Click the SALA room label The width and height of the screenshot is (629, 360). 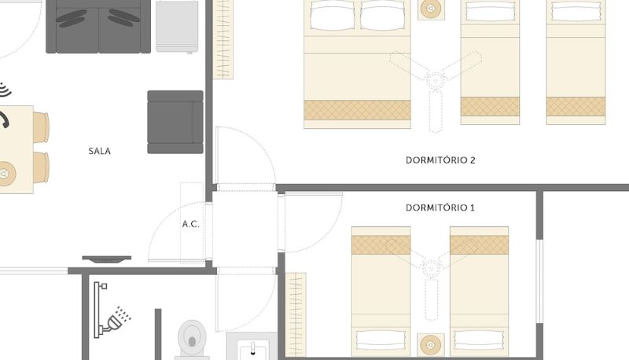[x=100, y=151]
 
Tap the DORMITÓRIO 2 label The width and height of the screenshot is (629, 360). [x=440, y=160]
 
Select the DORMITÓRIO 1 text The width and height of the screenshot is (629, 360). [x=440, y=208]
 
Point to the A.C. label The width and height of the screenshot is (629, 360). [x=190, y=224]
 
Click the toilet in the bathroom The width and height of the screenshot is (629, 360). [x=192, y=340]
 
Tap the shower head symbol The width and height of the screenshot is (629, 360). [x=116, y=319]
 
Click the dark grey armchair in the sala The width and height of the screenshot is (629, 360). [x=175, y=123]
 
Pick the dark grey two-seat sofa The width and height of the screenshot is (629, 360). [x=98, y=27]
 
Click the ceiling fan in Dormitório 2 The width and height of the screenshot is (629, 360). [x=436, y=79]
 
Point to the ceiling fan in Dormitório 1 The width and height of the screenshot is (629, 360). [x=431, y=269]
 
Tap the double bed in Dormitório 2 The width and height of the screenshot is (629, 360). [x=358, y=64]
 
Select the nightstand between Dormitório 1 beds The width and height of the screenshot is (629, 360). [x=431, y=345]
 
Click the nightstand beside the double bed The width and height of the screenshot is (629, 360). [x=431, y=9]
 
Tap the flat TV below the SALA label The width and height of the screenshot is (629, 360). [x=107, y=259]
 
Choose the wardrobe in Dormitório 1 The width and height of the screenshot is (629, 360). [x=296, y=314]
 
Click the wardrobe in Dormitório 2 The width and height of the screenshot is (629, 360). [x=223, y=39]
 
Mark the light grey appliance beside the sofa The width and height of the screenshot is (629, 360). [x=177, y=27]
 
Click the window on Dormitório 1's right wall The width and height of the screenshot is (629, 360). [x=539, y=281]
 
